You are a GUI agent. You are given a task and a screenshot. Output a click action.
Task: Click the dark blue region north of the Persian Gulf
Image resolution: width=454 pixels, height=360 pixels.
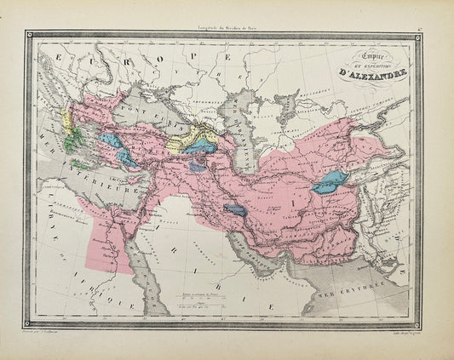coord(235,209)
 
